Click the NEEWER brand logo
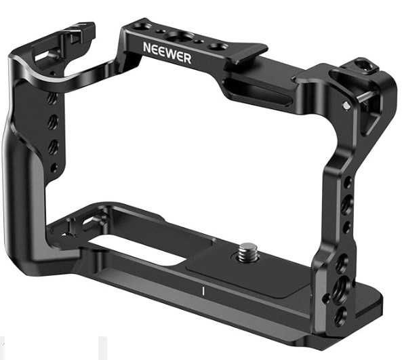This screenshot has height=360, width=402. [x=167, y=53]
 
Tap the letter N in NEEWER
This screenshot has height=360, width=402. [x=147, y=47]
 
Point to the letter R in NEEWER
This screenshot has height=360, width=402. [x=187, y=59]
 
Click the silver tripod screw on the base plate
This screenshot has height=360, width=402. [x=245, y=251]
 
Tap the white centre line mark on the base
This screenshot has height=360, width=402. [x=203, y=291]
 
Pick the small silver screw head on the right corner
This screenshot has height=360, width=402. [x=346, y=105]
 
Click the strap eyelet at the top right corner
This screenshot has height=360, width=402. [x=364, y=64]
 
